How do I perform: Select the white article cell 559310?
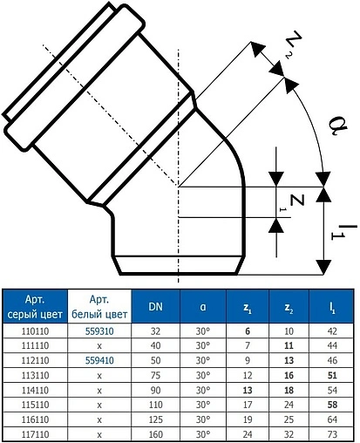pyautogui.click(x=98, y=332)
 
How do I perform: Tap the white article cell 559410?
pyautogui.click(x=98, y=358)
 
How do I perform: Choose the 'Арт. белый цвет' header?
pyautogui.click(x=98, y=307)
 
